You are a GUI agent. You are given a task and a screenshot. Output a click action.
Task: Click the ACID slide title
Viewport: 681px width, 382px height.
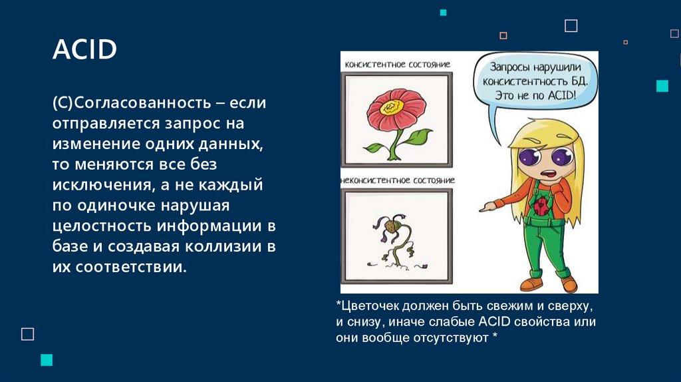pyautogui.click(x=84, y=49)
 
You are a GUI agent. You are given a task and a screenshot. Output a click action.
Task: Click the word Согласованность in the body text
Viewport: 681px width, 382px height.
pyautogui.click(x=142, y=103)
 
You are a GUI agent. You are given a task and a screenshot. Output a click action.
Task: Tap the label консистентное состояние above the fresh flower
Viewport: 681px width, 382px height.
pyautogui.click(x=398, y=65)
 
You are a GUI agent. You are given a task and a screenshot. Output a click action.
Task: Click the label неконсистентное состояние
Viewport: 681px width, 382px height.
pyautogui.click(x=398, y=180)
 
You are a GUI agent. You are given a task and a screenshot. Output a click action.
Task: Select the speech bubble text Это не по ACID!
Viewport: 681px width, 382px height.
pyautogui.click(x=535, y=95)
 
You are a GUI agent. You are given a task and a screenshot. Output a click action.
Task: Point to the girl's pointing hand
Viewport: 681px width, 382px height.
pyautogui.click(x=488, y=206)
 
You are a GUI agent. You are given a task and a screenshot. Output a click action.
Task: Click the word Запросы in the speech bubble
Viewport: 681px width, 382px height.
pyautogui.click(x=509, y=68)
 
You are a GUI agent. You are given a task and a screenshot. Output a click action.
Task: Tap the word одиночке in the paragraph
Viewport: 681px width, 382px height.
pyautogui.click(x=116, y=205)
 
